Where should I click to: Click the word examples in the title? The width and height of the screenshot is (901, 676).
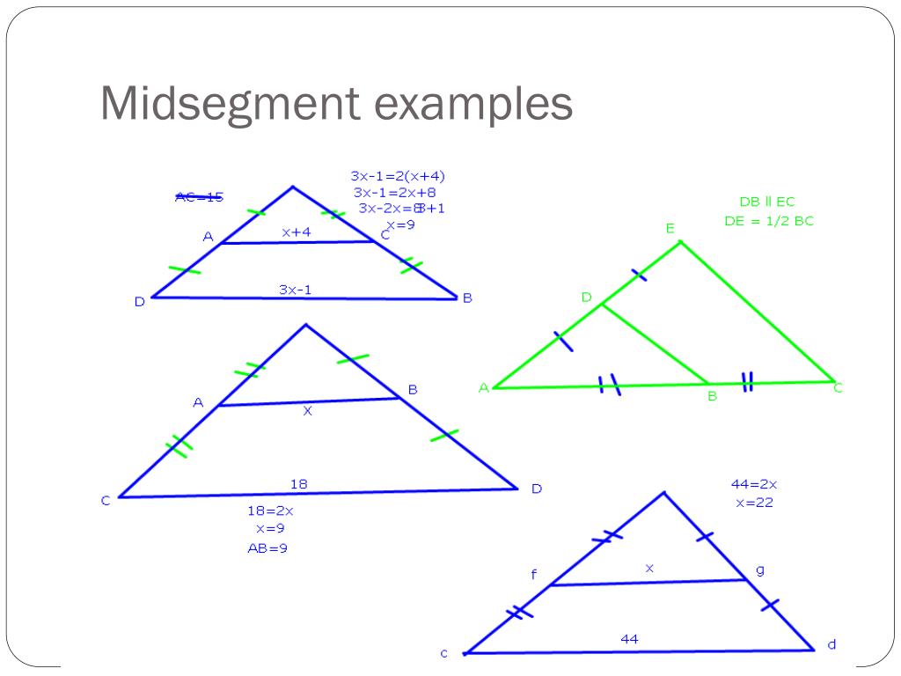pyautogui.click(x=472, y=105)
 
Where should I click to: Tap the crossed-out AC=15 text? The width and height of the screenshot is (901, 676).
pyautogui.click(x=199, y=197)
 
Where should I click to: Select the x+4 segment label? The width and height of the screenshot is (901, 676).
pyautogui.click(x=296, y=232)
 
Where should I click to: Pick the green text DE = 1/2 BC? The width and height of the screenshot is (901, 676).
pyautogui.click(x=769, y=221)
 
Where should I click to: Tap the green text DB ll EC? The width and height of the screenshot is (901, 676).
pyautogui.click(x=766, y=202)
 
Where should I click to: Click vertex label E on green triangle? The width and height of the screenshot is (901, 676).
pyautogui.click(x=670, y=229)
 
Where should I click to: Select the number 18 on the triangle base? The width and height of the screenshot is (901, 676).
pyautogui.click(x=298, y=483)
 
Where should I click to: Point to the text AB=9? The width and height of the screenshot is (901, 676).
pyautogui.click(x=267, y=548)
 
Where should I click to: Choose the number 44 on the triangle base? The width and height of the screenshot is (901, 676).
pyautogui.click(x=629, y=639)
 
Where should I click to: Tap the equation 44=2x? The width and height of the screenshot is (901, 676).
pyautogui.click(x=754, y=484)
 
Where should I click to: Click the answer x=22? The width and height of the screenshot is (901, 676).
pyautogui.click(x=754, y=503)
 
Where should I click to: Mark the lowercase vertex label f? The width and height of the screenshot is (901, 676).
pyautogui.click(x=533, y=576)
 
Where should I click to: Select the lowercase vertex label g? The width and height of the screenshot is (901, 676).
pyautogui.click(x=760, y=569)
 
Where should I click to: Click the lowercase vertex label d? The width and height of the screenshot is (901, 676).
pyautogui.click(x=831, y=644)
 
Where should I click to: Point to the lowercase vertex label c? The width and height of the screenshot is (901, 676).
pyautogui.click(x=444, y=653)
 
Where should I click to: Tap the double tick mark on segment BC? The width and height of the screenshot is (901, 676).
pyautogui.click(x=747, y=382)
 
